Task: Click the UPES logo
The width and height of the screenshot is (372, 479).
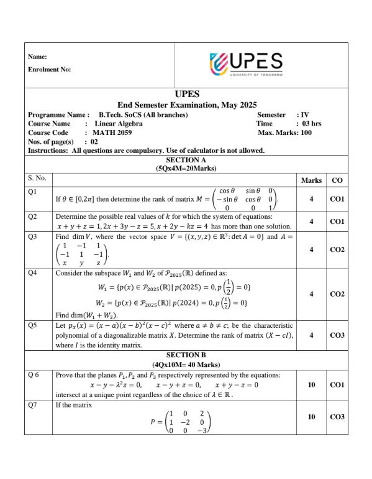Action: click(x=247, y=63)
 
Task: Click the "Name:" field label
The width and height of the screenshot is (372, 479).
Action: click(x=37, y=57)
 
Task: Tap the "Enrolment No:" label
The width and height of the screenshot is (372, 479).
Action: click(x=49, y=70)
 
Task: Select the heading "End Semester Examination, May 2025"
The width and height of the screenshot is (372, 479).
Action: click(x=187, y=105)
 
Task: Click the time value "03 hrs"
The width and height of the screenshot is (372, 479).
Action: click(x=311, y=123)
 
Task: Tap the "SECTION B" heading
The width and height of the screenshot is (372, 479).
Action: click(x=187, y=355)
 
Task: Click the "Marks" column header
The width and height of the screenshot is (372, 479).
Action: click(x=311, y=180)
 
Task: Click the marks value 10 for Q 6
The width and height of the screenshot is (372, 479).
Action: click(x=311, y=385)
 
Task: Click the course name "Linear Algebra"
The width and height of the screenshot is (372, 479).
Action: click(x=118, y=123)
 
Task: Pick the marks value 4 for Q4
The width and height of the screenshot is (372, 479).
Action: click(x=311, y=294)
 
